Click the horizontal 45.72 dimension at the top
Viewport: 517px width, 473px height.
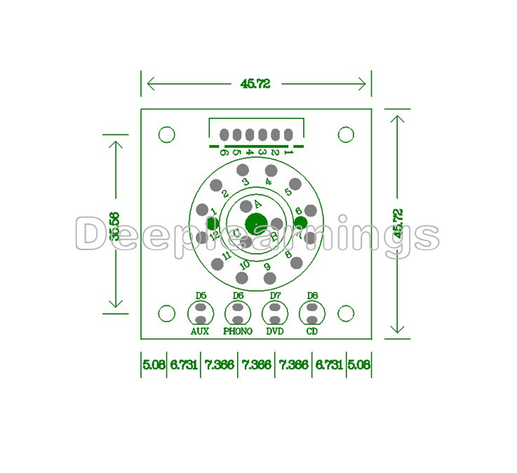[x=255, y=83]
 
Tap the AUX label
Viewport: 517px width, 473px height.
[x=200, y=331]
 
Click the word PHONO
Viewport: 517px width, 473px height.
[x=238, y=331]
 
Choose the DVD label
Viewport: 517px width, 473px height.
[x=275, y=331]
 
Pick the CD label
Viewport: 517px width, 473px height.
[x=312, y=331]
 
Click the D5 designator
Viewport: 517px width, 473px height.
[x=201, y=296]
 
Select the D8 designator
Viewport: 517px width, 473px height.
[x=312, y=296]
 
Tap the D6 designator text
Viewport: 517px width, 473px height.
[x=238, y=296]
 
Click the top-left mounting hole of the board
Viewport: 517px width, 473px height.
[x=166, y=135]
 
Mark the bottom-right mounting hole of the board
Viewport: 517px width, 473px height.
[x=346, y=313]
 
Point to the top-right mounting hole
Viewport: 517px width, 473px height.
[x=346, y=135]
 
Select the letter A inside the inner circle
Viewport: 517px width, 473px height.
[x=257, y=203]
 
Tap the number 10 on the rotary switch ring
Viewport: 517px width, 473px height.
[x=244, y=264]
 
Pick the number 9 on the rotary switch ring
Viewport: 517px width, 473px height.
[x=267, y=266]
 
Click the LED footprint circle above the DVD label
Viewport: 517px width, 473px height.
[x=275, y=313]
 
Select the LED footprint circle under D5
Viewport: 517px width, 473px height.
[x=201, y=313]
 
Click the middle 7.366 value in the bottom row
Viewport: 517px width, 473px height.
[x=256, y=365]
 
